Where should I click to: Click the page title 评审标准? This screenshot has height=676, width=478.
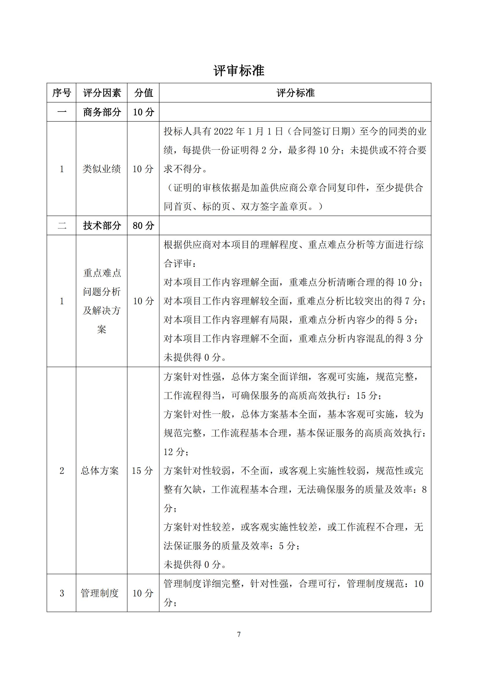coord(239,71)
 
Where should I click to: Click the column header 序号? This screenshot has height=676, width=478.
coord(62,93)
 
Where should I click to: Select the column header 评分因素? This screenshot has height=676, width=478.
coord(102,93)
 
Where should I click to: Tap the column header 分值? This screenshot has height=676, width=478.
coord(144,93)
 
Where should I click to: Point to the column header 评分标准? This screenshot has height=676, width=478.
coord(295,93)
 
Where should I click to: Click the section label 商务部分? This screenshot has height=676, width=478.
coord(102,112)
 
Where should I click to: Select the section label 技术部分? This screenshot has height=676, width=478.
coord(102,226)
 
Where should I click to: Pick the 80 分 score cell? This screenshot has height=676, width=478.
coord(144,226)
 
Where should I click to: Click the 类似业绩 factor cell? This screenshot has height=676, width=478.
coord(101,169)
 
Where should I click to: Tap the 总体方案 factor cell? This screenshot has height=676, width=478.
coord(100,471)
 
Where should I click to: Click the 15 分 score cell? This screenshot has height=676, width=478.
coord(142,471)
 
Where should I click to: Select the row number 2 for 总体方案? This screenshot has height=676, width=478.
coord(62,471)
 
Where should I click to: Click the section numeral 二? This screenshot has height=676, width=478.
coord(62,226)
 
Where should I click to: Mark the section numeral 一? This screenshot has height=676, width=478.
coord(62,112)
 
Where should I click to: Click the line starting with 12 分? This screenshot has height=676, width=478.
coord(176,452)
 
